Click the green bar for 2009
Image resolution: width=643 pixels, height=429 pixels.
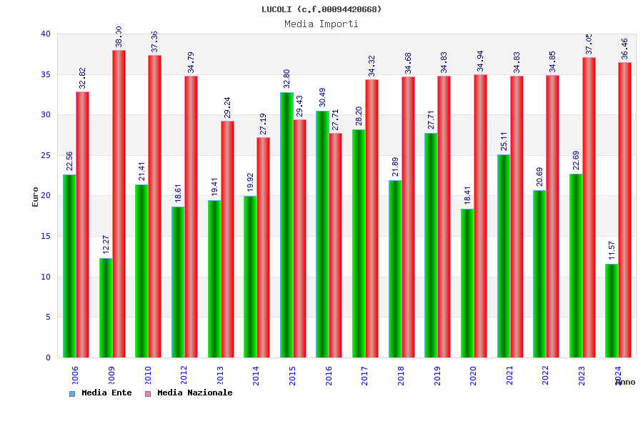(x=106, y=307)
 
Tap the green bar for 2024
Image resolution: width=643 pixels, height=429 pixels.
(x=612, y=310)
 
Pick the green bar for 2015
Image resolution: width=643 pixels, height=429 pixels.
(x=286, y=225)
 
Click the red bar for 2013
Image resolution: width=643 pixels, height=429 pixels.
(x=227, y=239)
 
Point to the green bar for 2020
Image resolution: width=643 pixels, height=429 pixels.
(x=467, y=283)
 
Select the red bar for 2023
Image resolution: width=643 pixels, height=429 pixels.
(x=589, y=207)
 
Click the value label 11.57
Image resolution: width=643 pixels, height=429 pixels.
(x=612, y=250)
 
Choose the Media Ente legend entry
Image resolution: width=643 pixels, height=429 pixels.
(x=101, y=393)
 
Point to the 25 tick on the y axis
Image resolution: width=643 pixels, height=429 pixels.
(x=46, y=155)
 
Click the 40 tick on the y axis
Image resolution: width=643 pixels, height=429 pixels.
(x=46, y=34)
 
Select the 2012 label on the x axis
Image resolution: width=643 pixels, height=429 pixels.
(x=184, y=375)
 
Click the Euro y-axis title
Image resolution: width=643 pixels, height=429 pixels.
(x=36, y=197)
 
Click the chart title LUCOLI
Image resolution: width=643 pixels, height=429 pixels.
(x=321, y=9)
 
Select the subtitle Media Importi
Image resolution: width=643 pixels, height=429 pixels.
(x=321, y=24)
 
